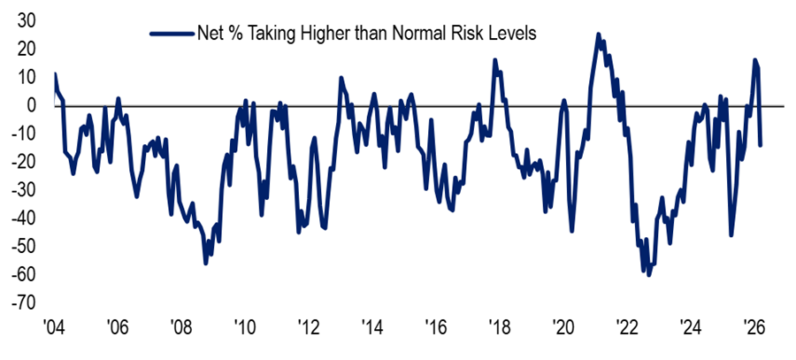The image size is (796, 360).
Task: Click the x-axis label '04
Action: coord(54,325)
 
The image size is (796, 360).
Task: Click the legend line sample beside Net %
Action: coord(171,33)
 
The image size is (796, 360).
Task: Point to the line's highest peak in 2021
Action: coord(599,34)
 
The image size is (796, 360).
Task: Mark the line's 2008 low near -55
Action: coord(206,263)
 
